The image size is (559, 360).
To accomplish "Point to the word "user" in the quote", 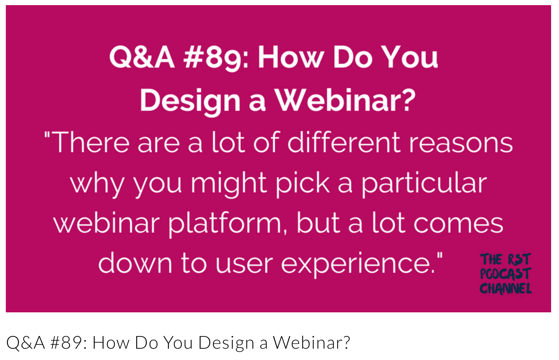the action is coord(244,266).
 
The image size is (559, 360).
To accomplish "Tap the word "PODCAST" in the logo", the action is coord(506,274).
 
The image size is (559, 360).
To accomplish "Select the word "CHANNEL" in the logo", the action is coord(506,289).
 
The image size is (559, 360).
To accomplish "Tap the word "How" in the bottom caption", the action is coord(111,343).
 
